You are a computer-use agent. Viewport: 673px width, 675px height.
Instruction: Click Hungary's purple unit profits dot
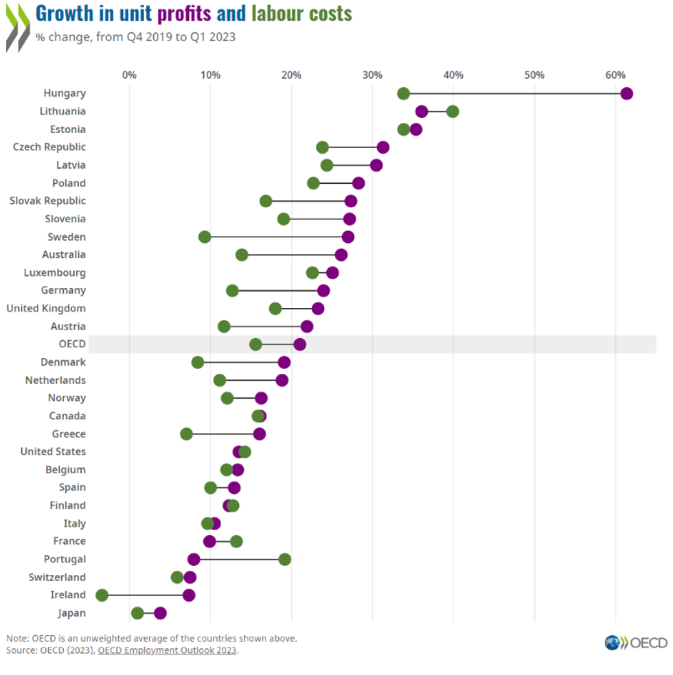click(x=626, y=94)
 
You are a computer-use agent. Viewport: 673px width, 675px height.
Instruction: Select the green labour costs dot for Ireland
click(x=102, y=595)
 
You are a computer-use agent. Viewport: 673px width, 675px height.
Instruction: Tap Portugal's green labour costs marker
click(x=285, y=559)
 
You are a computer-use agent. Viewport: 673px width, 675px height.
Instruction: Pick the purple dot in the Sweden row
click(x=348, y=237)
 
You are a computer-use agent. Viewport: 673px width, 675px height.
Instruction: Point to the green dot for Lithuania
click(x=452, y=112)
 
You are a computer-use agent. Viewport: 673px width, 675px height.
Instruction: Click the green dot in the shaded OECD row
click(x=255, y=344)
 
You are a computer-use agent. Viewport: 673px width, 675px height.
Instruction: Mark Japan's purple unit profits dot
click(x=160, y=613)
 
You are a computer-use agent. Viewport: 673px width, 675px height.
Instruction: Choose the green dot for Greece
click(x=186, y=434)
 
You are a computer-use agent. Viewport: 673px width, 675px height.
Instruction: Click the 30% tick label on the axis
click(x=372, y=74)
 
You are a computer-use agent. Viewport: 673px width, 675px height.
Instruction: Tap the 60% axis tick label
click(x=615, y=74)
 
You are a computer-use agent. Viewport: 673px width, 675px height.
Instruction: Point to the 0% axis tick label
click(x=129, y=74)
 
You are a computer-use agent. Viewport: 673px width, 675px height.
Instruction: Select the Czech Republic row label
click(x=49, y=147)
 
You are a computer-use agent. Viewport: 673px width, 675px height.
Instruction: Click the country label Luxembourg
click(x=55, y=272)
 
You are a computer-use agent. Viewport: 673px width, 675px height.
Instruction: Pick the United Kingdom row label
click(x=46, y=308)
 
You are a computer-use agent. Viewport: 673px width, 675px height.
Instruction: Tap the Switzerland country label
click(x=57, y=577)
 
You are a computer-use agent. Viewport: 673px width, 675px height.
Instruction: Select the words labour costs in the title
click(x=301, y=14)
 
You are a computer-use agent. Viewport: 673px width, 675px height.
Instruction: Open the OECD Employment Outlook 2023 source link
click(x=167, y=650)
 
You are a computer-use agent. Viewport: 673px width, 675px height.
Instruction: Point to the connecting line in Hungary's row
click(x=515, y=94)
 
